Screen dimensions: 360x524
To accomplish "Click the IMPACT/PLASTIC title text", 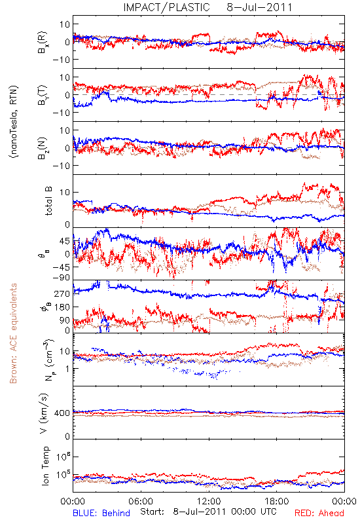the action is point(166,7).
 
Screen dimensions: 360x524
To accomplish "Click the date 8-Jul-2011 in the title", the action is point(259,7).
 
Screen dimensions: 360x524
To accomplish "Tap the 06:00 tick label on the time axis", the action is point(141,501).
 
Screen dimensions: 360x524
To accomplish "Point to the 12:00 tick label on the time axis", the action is point(209,501).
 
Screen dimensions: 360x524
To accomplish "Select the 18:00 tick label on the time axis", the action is point(277,501).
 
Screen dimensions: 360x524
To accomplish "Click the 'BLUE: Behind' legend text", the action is point(101,513).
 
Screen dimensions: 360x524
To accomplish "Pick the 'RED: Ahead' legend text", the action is point(319,513).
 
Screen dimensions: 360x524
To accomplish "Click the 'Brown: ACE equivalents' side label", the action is point(13,333).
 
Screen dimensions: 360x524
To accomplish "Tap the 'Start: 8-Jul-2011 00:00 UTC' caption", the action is point(208,512).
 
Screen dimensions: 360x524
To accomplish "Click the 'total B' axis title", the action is point(48,201).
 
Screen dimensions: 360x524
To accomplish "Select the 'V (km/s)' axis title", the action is point(44,413).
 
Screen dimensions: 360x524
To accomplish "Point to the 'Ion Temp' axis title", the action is point(45,466).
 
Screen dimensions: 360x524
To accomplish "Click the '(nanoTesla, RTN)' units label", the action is point(14,122).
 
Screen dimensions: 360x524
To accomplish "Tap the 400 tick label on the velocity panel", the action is point(62,413).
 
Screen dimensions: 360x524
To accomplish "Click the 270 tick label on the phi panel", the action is point(62,293).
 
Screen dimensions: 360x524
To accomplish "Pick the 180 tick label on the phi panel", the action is point(62,307).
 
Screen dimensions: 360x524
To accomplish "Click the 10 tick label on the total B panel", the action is point(65,193).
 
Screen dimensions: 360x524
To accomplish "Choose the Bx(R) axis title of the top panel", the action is point(43,42).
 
